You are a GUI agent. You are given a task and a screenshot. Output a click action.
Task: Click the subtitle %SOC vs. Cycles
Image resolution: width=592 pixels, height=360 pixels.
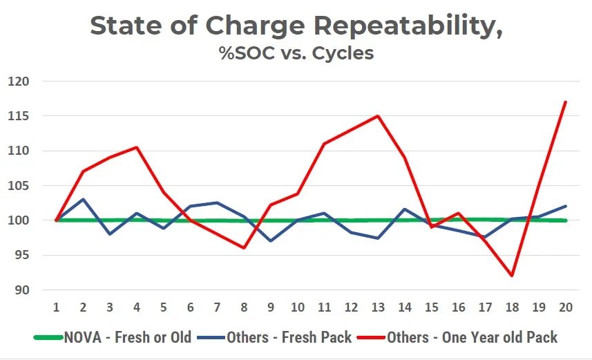pyautogui.click(x=296, y=53)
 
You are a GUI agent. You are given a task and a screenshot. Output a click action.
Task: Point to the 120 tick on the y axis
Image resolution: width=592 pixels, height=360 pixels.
pyautogui.click(x=19, y=82)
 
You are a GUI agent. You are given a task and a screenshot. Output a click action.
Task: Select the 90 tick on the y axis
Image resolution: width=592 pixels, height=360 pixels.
pyautogui.click(x=22, y=290)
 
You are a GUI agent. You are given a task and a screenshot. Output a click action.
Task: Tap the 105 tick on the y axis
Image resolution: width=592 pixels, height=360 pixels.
pyautogui.click(x=19, y=186)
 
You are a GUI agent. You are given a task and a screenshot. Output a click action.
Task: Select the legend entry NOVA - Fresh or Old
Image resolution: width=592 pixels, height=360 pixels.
pyautogui.click(x=128, y=337)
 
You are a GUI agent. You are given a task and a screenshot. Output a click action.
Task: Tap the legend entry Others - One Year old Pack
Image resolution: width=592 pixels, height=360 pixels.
pyautogui.click(x=472, y=337)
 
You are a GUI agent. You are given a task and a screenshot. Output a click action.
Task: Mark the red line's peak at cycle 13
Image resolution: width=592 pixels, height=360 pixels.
pyautogui.click(x=378, y=115)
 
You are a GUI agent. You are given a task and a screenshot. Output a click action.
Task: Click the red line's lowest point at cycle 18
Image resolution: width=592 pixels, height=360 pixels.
pyautogui.click(x=512, y=276)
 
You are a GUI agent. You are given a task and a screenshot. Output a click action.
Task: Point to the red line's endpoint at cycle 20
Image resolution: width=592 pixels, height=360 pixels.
pyautogui.click(x=566, y=102)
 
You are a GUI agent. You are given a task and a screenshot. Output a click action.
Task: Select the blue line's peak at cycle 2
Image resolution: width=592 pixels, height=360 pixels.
pyautogui.click(x=83, y=200)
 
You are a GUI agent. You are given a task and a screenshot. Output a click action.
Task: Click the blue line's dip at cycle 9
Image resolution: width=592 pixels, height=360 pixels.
pyautogui.click(x=271, y=241)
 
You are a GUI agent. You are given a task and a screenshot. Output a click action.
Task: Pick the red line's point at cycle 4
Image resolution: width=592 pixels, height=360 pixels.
pyautogui.click(x=137, y=147)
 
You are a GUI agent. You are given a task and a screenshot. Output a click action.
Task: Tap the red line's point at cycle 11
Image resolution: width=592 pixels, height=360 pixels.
pyautogui.click(x=324, y=144)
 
